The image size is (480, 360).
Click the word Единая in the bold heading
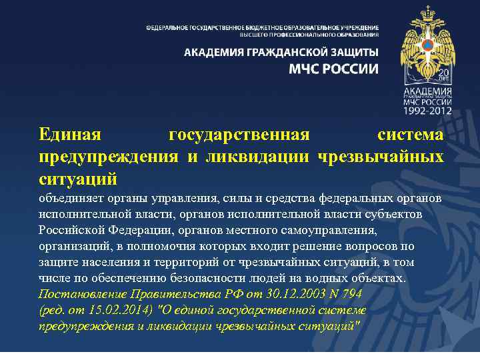(70, 135)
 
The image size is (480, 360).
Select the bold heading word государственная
(239, 135)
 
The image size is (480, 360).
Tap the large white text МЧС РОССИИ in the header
(333, 69)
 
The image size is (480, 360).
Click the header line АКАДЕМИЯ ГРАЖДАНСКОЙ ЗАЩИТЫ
(281, 52)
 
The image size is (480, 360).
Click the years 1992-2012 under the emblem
(427, 110)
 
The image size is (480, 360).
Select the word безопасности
(194, 278)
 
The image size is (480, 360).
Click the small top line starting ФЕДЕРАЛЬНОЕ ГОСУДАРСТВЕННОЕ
(263, 27)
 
